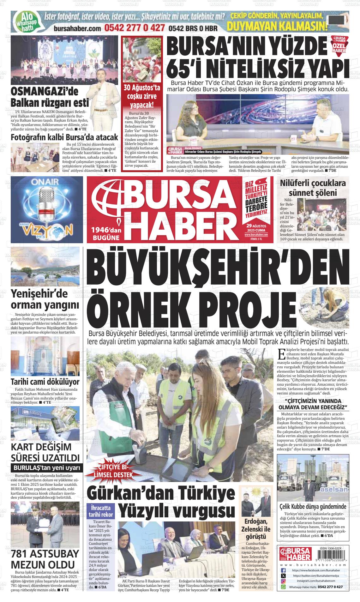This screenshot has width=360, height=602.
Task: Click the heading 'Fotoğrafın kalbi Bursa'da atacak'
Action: pyautogui.click(x=64, y=137)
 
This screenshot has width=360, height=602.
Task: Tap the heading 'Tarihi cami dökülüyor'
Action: pyautogui.click(x=45, y=382)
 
